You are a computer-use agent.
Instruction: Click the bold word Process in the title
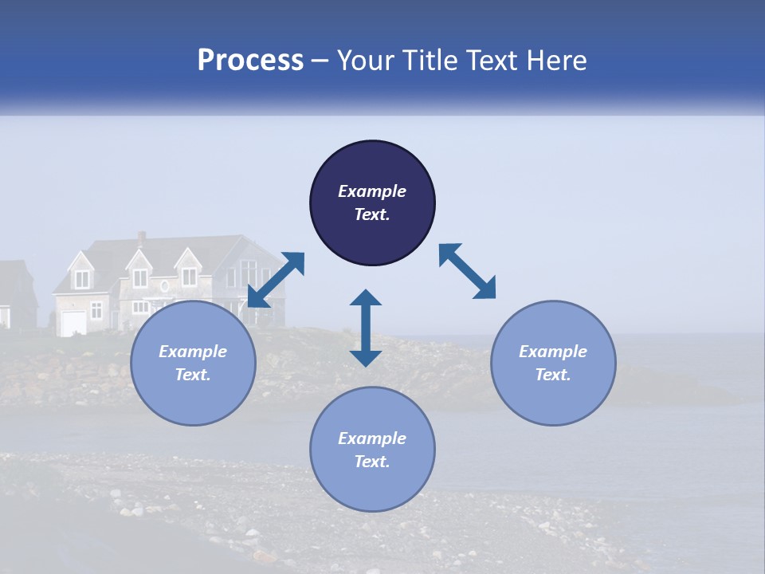click(250, 61)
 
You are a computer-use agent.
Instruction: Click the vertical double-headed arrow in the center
click(366, 328)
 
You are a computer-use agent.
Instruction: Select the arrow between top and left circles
click(277, 279)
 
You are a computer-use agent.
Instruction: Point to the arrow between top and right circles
click(467, 271)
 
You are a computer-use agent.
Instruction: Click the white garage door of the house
click(73, 323)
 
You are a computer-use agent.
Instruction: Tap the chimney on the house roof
click(142, 238)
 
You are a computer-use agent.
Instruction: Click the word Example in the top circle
click(372, 191)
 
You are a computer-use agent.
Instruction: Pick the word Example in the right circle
click(553, 352)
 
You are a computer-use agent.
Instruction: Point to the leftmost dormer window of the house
click(83, 278)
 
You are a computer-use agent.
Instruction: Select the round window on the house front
click(165, 285)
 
